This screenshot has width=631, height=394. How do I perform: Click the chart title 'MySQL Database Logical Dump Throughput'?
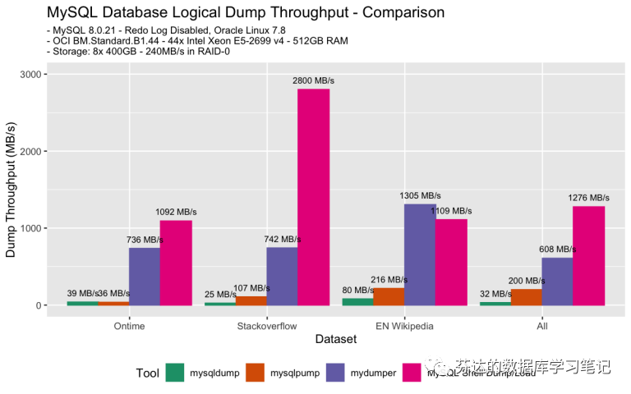pos(246,12)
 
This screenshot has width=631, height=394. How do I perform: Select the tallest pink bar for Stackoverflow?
pos(313,197)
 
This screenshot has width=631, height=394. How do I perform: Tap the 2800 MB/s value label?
pos(313,80)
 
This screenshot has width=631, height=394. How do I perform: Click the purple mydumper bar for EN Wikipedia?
pos(420,254)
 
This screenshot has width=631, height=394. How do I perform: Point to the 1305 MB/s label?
pos(420,196)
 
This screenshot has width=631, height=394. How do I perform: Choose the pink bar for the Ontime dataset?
pos(176,263)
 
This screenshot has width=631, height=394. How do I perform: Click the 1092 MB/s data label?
pos(176,213)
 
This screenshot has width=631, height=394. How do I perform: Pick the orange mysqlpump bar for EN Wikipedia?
pos(389,296)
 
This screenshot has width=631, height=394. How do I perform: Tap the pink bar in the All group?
pos(588,255)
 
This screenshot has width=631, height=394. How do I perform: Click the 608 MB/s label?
pos(557,249)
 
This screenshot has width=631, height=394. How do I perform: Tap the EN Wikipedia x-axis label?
pos(404,325)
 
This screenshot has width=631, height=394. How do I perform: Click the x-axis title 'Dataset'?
pos(335,339)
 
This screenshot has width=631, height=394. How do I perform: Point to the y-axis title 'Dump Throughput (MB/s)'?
pos(11,189)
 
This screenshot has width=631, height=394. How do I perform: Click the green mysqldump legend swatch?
pos(175,373)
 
